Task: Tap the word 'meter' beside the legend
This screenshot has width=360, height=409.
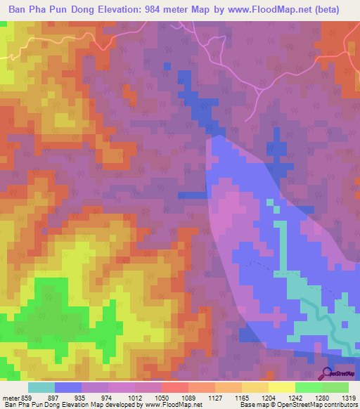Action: tap(11, 397)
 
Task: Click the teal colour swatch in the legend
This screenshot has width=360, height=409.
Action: tap(41, 387)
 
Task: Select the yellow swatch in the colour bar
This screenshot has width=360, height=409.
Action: tap(281, 387)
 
